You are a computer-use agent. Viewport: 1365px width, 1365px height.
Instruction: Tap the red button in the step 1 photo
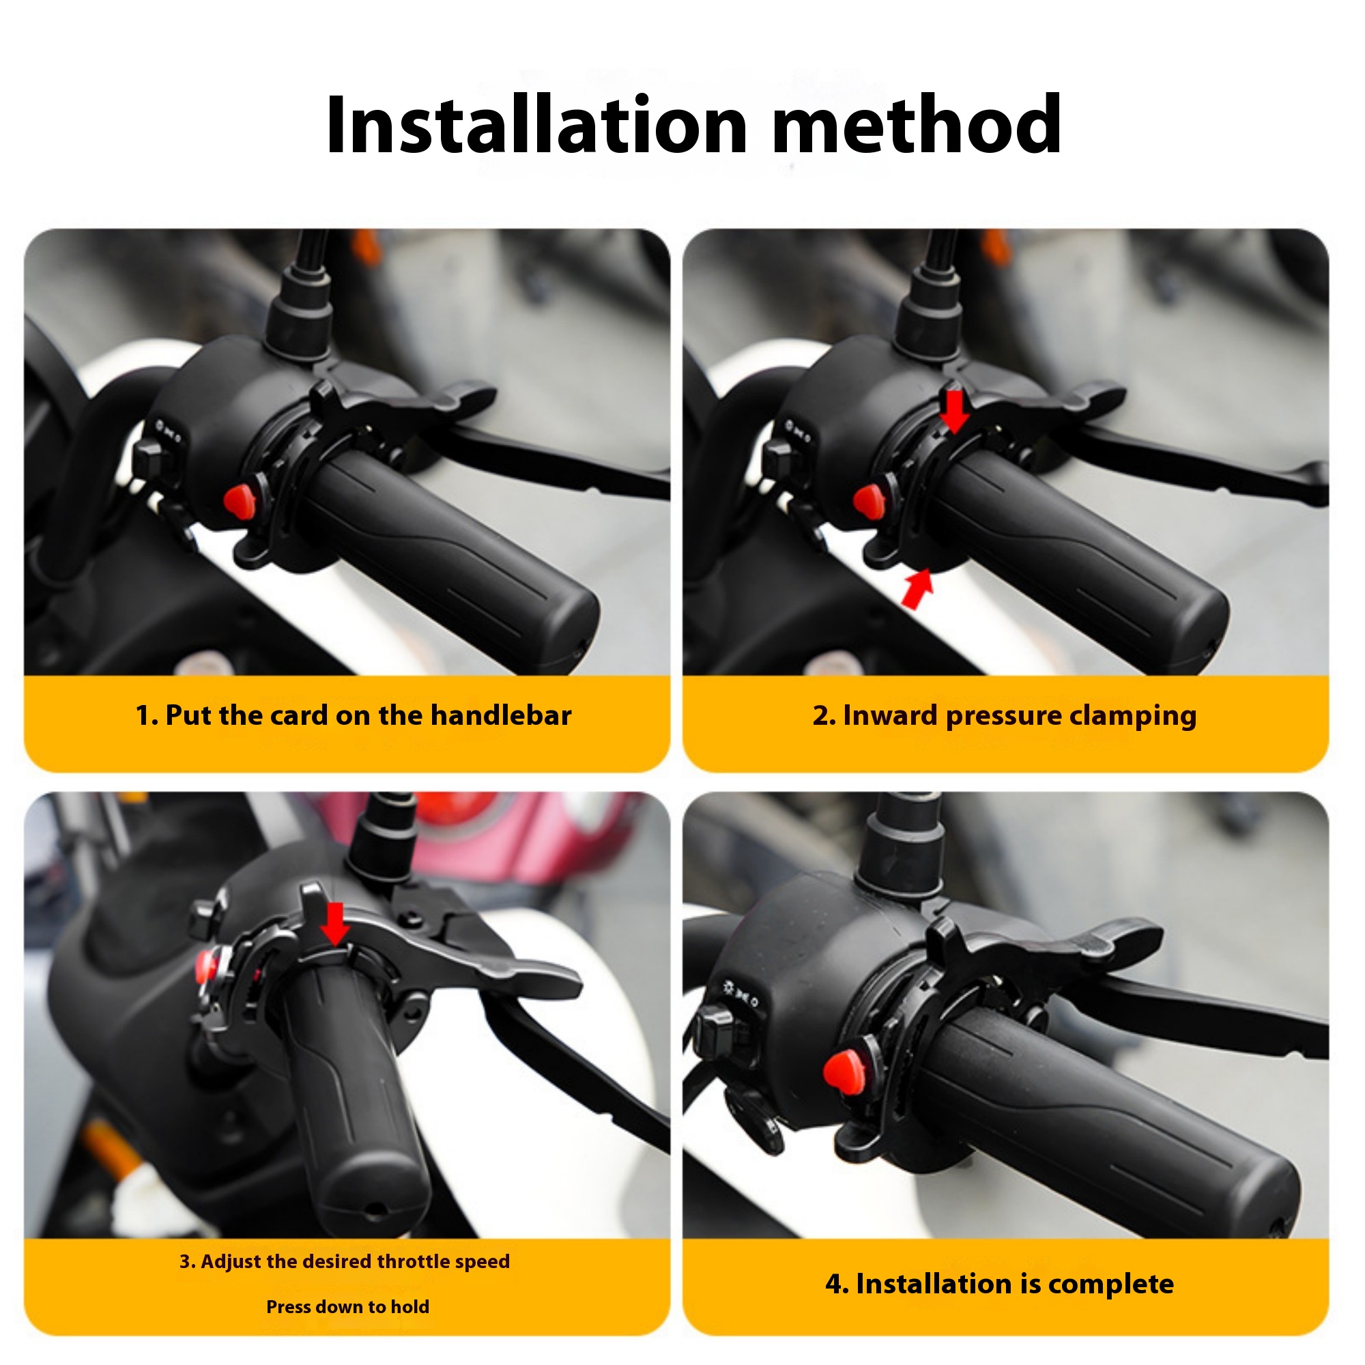pyautogui.click(x=238, y=500)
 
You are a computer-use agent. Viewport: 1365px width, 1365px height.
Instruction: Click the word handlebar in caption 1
pyautogui.click(x=500, y=716)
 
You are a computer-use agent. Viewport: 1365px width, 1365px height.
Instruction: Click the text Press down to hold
pyautogui.click(x=347, y=1306)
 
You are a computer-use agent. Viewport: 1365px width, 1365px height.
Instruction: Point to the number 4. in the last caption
pyautogui.click(x=837, y=1284)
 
